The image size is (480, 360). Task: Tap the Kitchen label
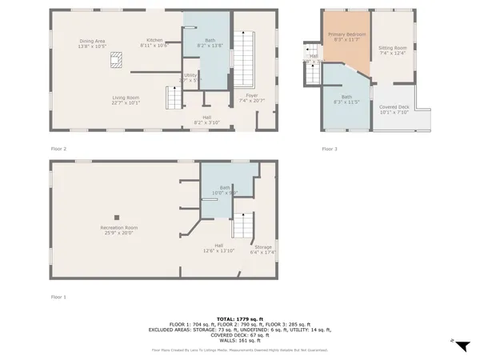(x=154, y=40)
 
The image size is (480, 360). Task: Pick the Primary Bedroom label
(x=346, y=35)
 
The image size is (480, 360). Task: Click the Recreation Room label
(x=118, y=228)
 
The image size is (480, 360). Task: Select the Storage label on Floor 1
(x=263, y=247)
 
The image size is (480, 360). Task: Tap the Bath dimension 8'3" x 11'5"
(x=346, y=102)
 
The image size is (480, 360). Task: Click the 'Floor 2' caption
(x=58, y=149)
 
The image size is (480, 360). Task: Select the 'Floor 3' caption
(x=330, y=149)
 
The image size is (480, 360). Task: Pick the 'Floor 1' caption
(x=58, y=297)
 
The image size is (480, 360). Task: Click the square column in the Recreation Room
(x=118, y=216)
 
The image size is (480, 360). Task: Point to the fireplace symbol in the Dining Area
(x=118, y=57)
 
